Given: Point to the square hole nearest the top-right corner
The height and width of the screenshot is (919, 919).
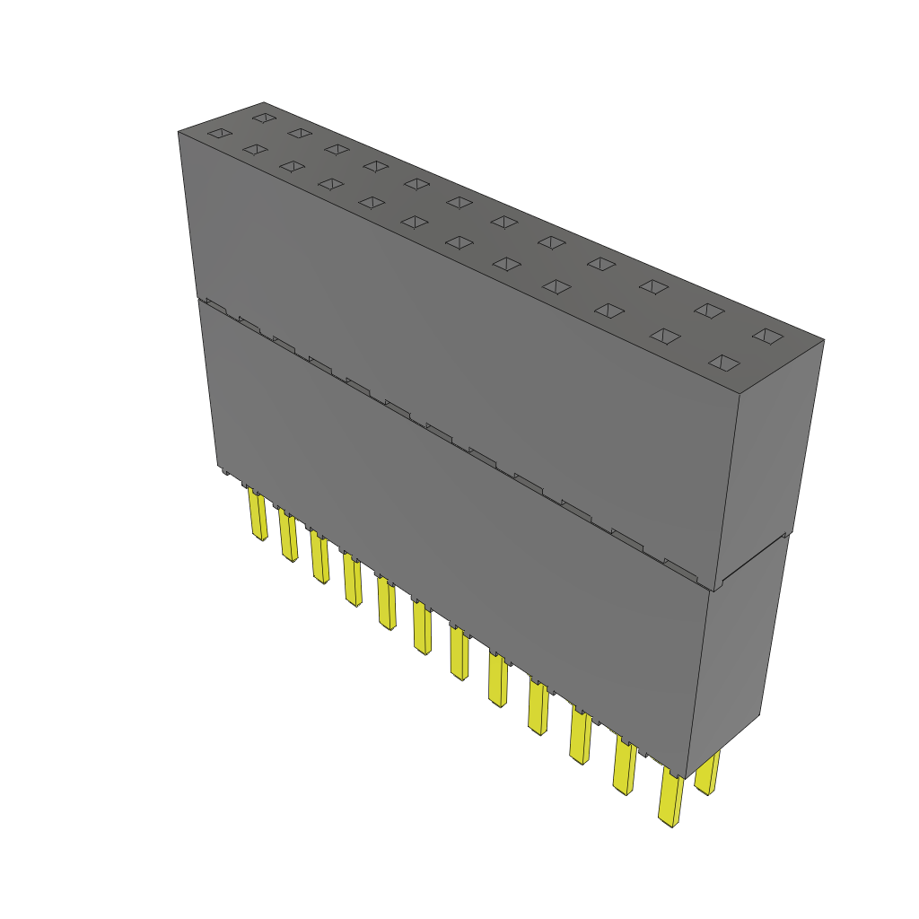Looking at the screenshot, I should pos(767,336).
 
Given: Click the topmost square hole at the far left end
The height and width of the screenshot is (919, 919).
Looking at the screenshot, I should pos(263,118).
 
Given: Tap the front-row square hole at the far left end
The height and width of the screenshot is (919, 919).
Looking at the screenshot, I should pos(219,134).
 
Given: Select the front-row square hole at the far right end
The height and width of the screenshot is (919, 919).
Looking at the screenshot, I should pos(724,363).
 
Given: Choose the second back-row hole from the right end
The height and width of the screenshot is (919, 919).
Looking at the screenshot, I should pos(709,311).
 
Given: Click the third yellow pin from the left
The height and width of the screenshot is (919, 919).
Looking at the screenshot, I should pos(319,557).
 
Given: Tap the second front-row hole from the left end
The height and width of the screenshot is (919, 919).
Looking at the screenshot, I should pos(255,149).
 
